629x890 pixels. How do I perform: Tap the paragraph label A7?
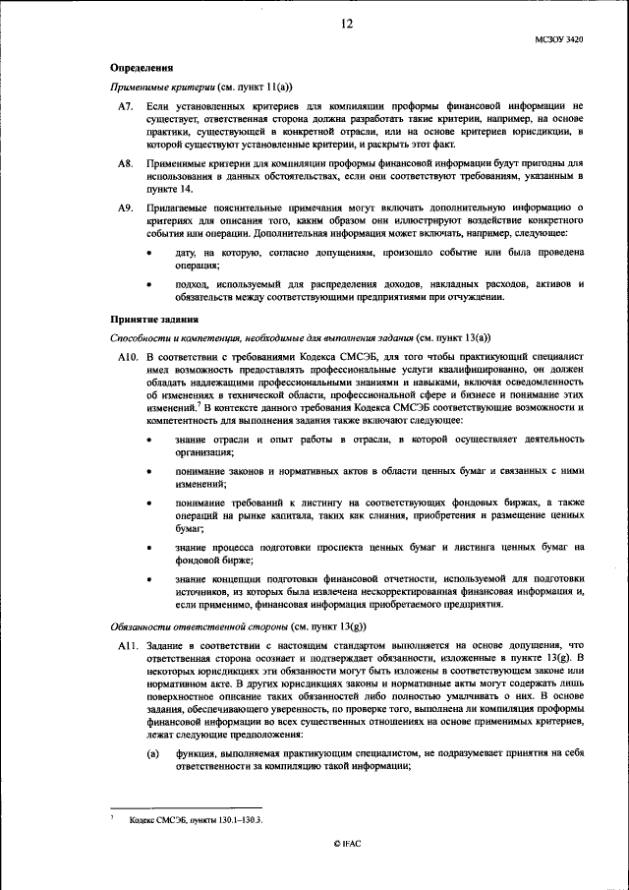click(125, 104)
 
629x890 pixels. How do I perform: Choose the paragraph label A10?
click(127, 355)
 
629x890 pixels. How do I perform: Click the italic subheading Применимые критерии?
click(159, 87)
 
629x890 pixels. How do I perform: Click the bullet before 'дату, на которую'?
click(149, 253)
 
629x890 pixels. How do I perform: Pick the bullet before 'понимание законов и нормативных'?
click(149, 473)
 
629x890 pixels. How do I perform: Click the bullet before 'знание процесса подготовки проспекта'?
click(149, 546)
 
